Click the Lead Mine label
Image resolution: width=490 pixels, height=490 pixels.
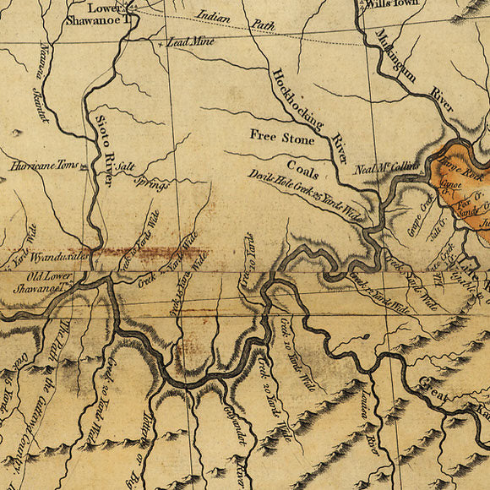(189, 41)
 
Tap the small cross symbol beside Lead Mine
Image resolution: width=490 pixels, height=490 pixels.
(161, 41)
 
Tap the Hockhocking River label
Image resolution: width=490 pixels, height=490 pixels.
(308, 114)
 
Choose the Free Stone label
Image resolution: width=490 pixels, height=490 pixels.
(281, 134)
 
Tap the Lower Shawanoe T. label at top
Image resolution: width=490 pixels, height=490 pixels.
(108, 16)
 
